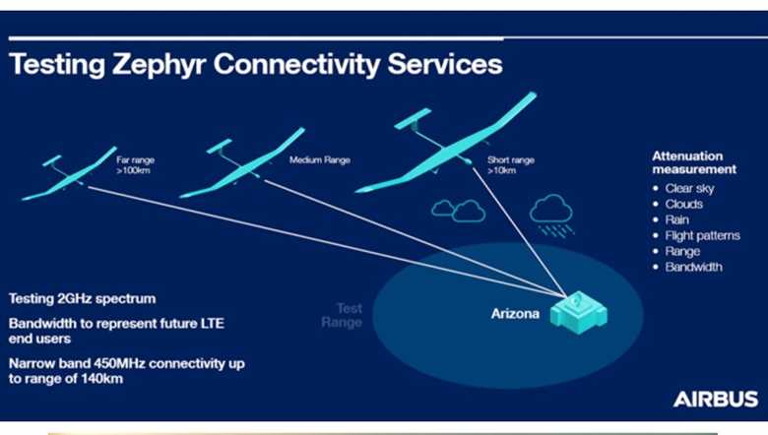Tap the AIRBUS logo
(715, 399)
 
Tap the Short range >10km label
(509, 164)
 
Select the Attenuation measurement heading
(688, 162)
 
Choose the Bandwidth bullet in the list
(693, 267)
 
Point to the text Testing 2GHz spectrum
(82, 298)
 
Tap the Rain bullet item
(676, 219)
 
